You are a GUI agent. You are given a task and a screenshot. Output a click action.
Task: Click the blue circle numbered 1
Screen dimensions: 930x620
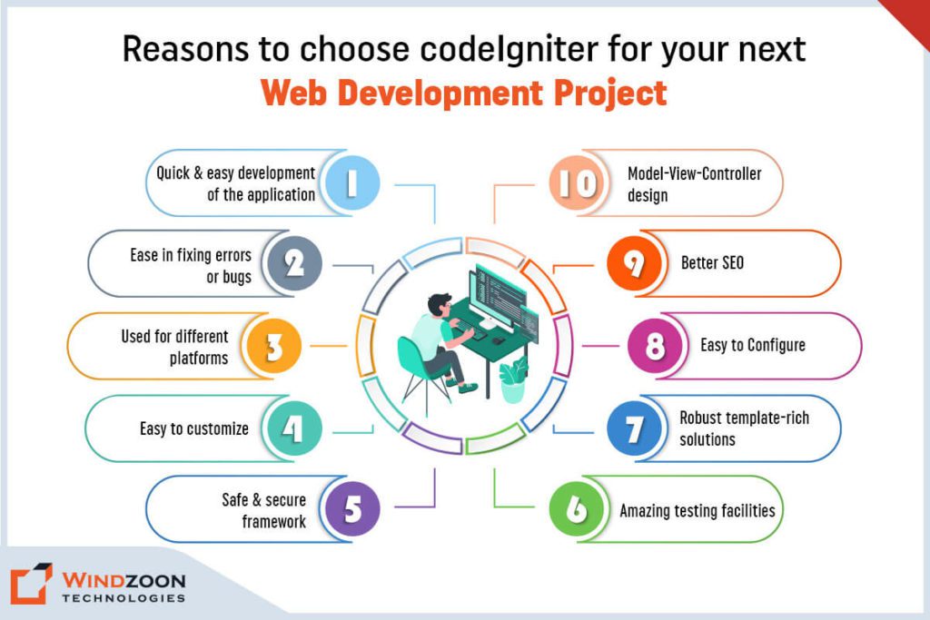point(352,182)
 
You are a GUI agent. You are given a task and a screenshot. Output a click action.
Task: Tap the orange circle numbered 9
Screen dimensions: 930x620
point(634,263)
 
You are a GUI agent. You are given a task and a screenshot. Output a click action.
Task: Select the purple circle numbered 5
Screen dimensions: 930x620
point(352,508)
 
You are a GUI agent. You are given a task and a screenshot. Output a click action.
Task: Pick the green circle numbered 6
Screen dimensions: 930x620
point(577,508)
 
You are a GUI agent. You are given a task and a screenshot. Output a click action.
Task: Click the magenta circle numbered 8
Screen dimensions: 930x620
point(655,346)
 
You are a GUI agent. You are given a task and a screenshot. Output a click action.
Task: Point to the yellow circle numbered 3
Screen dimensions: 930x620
point(274,346)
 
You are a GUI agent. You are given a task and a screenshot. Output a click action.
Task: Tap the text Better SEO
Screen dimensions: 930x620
point(712,262)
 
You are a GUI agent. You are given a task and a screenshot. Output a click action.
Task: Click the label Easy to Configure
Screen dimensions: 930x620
point(753,345)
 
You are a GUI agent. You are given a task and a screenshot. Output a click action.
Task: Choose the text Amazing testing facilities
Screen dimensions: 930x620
point(697,510)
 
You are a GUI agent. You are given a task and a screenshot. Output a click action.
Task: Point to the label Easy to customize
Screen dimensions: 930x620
point(194,428)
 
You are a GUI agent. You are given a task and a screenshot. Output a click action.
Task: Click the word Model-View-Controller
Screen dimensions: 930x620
point(695,173)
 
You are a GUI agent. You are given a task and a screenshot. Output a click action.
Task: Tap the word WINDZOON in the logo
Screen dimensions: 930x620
point(124,580)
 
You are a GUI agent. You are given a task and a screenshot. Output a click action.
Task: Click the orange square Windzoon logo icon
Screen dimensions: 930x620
point(31,584)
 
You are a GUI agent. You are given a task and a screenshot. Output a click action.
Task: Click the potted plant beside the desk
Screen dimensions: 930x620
point(513,380)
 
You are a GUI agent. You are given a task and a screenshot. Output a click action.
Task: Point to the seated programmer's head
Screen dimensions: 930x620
point(440,305)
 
